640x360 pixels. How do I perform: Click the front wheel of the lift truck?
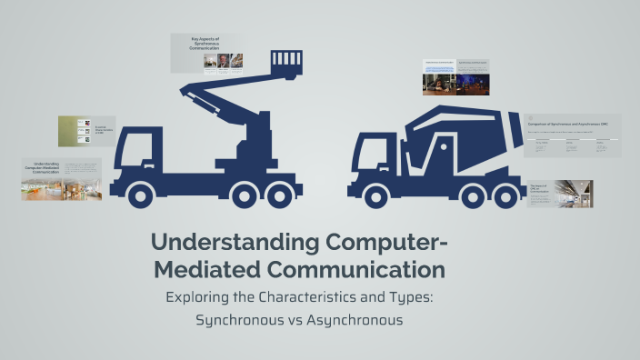142,194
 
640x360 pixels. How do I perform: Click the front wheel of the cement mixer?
373,194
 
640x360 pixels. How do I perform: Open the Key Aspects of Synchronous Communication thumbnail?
206,53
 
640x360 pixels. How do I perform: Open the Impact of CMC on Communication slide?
560,193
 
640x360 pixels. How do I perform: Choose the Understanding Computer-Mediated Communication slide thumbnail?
62,179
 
